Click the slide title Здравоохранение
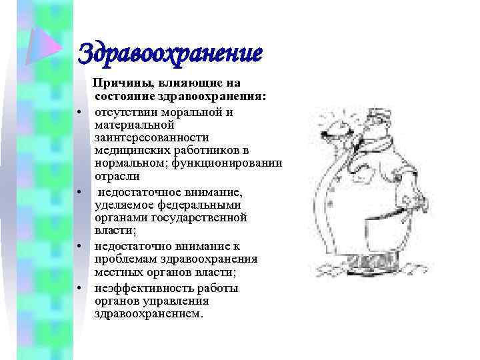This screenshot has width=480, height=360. point(170,52)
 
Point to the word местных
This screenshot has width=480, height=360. point(118,272)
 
